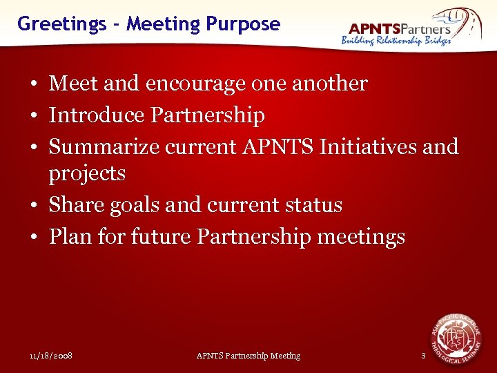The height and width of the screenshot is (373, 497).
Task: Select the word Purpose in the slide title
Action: point(243,24)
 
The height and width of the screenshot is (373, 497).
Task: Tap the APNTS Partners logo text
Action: point(400,28)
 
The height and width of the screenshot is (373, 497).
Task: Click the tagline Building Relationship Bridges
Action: point(396,41)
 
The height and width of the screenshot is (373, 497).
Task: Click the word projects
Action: point(87,173)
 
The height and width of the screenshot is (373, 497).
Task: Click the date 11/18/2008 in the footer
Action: point(52,356)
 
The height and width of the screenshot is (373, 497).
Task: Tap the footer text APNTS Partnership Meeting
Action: point(248,356)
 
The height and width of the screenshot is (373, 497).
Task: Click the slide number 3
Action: point(423,356)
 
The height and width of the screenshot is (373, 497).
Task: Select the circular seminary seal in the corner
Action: point(456,338)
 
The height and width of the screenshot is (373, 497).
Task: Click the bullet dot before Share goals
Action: point(32,206)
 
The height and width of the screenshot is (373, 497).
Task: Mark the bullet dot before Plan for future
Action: point(32,238)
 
